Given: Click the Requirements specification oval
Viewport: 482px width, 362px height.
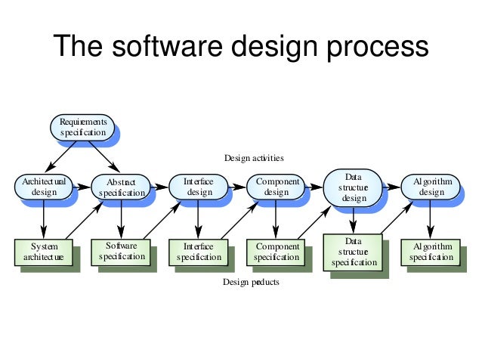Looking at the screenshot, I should pos(83,127).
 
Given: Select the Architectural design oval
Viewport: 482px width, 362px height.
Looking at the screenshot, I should pos(44,187).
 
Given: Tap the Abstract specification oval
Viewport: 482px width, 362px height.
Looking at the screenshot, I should pos(121,187).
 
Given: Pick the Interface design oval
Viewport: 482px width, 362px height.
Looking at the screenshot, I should pos(199,187).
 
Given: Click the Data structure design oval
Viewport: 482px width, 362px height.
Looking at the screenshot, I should pos(354,187).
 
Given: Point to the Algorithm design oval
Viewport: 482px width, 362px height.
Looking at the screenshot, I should pos(431,187).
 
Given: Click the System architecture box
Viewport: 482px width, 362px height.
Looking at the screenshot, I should pos(44,252).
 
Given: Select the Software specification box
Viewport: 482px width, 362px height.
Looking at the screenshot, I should pos(121,251).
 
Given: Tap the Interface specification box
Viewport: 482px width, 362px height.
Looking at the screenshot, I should pos(199,252).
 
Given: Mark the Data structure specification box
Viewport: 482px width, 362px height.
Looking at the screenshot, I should pos(354,252).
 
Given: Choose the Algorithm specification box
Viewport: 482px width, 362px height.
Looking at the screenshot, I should pos(431,252).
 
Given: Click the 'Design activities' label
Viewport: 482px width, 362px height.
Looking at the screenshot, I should pos(254,158).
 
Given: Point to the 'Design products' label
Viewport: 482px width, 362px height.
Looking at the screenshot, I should pos(250,282).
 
